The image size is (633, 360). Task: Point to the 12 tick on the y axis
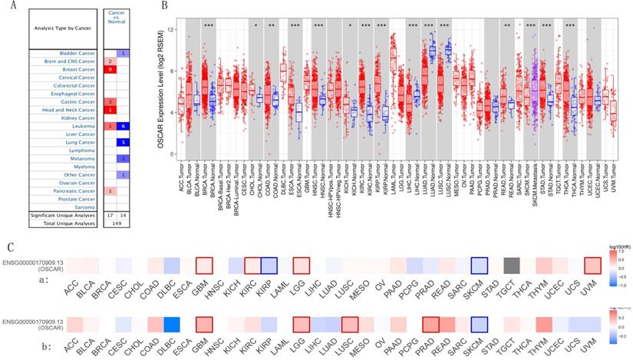[172, 30]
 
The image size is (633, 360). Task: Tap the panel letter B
[163, 6]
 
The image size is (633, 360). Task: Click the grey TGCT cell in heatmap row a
[509, 266]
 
